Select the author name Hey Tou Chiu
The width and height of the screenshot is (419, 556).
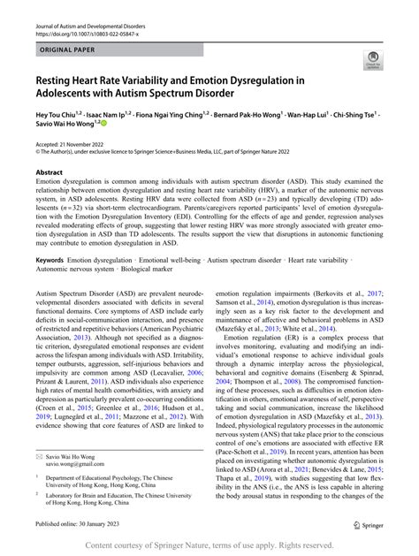pyautogui.click(x=61, y=115)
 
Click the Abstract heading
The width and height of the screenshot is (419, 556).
pyautogui.click(x=50, y=173)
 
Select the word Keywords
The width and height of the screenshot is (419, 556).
pyautogui.click(x=50, y=261)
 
